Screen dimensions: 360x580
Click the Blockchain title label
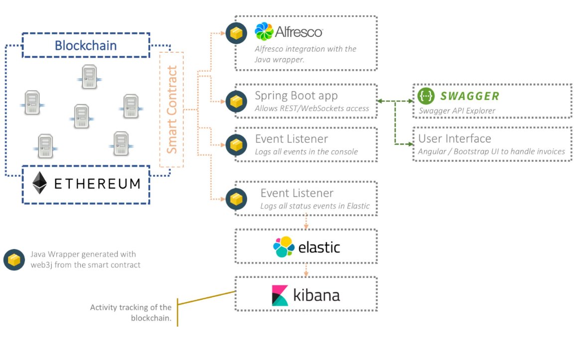click(86, 46)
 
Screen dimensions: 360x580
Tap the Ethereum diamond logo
click(40, 183)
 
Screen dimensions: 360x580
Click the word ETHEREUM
click(97, 184)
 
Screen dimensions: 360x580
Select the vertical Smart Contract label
click(171, 110)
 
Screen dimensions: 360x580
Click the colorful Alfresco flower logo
click(264, 32)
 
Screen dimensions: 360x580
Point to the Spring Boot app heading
click(296, 96)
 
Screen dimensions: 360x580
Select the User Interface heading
click(454, 138)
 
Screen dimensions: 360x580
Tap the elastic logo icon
click(284, 247)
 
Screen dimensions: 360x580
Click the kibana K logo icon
click(280, 295)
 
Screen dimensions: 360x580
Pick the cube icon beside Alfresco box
click(236, 33)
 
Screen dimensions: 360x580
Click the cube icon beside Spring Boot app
click(236, 102)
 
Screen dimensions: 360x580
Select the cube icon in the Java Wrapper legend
click(14, 260)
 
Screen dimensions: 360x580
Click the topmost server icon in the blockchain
click(90, 77)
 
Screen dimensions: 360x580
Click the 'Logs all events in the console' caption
click(306, 151)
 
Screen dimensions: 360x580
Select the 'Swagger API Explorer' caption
click(456, 111)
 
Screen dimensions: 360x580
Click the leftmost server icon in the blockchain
click(31, 103)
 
